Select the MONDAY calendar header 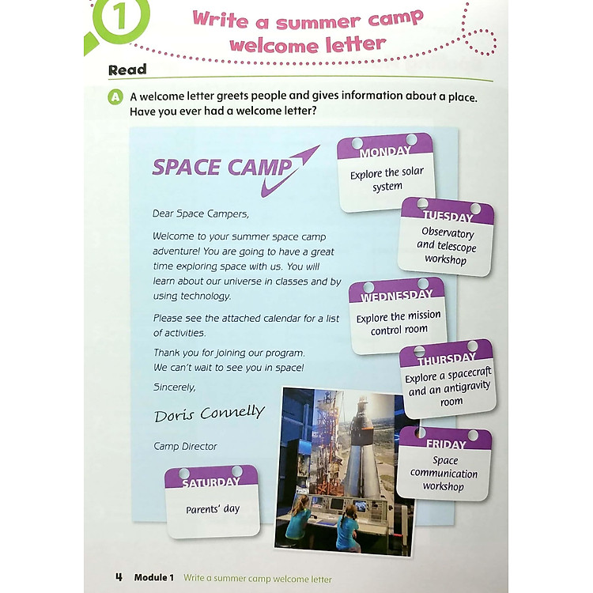click(x=385, y=151)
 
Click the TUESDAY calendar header click(x=447, y=216)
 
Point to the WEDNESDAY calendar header click(x=397, y=296)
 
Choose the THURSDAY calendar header click(x=447, y=360)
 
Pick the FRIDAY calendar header click(x=445, y=444)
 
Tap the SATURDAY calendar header click(x=210, y=482)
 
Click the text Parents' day click(x=212, y=509)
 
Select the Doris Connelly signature click(x=209, y=414)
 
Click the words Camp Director click(x=185, y=447)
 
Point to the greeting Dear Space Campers click(x=200, y=213)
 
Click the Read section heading click(x=127, y=70)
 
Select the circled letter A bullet click(x=116, y=96)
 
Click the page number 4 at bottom click(x=119, y=577)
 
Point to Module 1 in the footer click(x=153, y=578)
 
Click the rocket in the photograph click(x=360, y=443)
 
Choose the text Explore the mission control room click(x=398, y=323)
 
